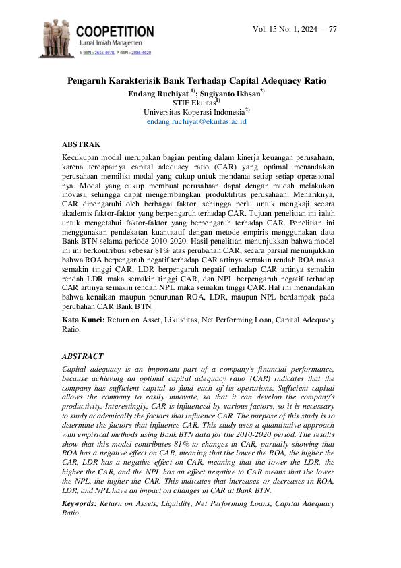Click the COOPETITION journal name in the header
(115, 31)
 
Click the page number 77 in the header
(333, 29)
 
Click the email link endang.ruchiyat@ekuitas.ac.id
(196, 121)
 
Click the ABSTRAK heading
(81, 144)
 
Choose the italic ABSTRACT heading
(82, 356)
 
